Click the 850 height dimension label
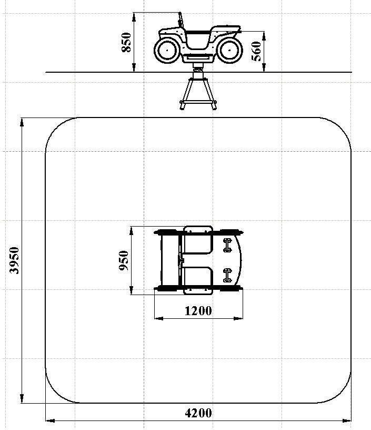coord(126,42)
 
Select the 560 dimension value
coord(256,51)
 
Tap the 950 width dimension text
coord(124,260)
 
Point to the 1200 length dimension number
coord(198,311)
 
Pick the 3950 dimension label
coord(14,260)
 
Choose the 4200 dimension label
coord(198,413)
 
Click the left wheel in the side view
coord(167,51)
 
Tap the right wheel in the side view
coord(229,51)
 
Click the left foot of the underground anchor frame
coord(182,105)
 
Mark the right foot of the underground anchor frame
coord(214,105)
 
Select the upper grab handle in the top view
coord(227,245)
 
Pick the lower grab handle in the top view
coord(227,275)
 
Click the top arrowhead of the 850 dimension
coord(134,17)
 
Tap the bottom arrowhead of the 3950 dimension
coord(22,398)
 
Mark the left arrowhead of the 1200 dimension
coord(159,318)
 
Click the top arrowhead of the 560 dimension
coord(264,36)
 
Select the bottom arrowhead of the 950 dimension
coord(132,290)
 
